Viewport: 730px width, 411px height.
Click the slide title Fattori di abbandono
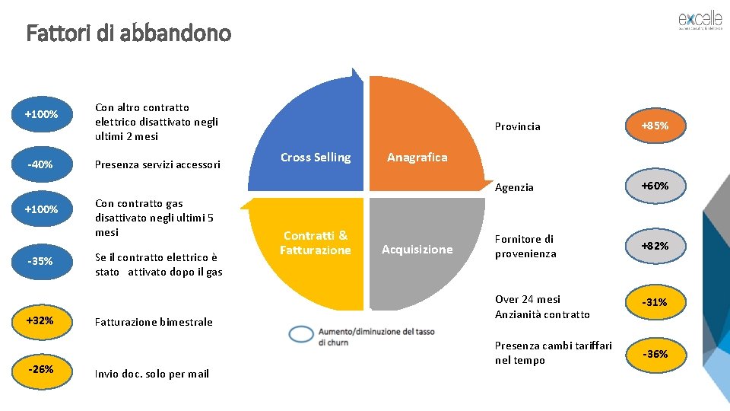129,33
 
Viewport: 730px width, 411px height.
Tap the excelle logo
700,21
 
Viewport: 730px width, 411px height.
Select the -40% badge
40,164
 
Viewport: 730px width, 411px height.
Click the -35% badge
40,261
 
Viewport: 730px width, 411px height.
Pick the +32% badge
40,320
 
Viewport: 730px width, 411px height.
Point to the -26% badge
40,369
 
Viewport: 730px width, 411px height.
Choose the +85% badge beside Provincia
655,126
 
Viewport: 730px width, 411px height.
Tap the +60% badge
655,186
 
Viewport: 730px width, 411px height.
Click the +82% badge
655,246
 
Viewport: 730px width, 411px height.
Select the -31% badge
655,302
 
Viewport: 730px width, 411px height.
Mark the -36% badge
655,354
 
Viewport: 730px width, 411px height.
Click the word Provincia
517,126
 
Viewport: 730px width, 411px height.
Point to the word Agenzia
514,187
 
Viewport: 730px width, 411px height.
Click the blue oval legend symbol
301,333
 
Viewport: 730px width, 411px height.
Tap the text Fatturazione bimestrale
154,322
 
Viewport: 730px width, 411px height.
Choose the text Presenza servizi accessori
157,164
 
